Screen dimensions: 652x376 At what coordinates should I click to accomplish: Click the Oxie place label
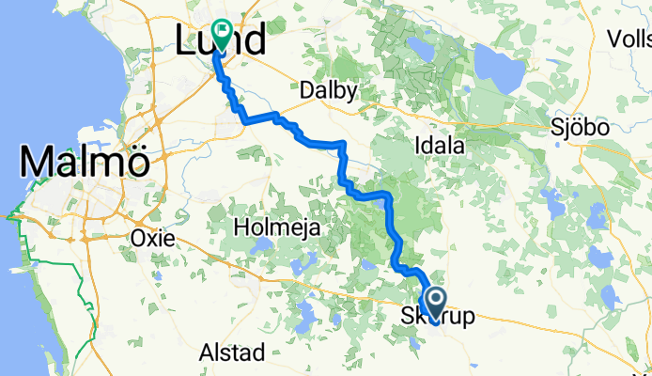(154, 238)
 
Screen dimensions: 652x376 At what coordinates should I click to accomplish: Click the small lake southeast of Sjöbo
(608, 298)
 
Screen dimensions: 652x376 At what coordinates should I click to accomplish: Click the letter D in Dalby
(306, 91)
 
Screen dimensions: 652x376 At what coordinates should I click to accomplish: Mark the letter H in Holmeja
(240, 227)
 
